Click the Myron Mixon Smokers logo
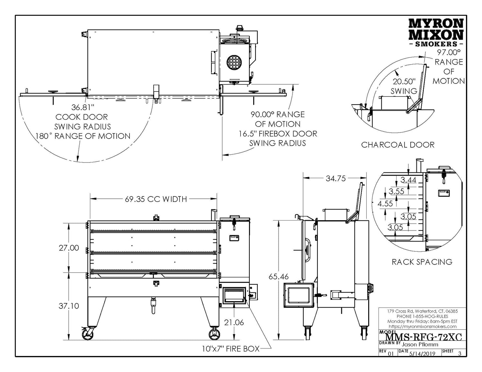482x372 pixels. coord(435,32)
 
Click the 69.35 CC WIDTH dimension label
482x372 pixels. coord(156,199)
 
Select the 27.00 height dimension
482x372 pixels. coord(69,248)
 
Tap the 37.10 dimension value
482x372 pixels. coord(69,306)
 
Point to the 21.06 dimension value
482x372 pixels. coord(234,322)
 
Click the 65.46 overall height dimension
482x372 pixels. coord(279,276)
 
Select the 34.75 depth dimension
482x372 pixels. coord(335,178)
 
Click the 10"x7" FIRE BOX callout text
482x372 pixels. coord(227,349)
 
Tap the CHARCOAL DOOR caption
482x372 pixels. coord(398,145)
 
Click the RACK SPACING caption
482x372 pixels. coord(422,262)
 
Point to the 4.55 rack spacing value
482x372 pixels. coord(385,203)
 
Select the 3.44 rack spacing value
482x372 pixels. coord(408,180)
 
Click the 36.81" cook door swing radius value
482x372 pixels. coord(82,107)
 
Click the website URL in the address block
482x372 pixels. coord(422,326)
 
